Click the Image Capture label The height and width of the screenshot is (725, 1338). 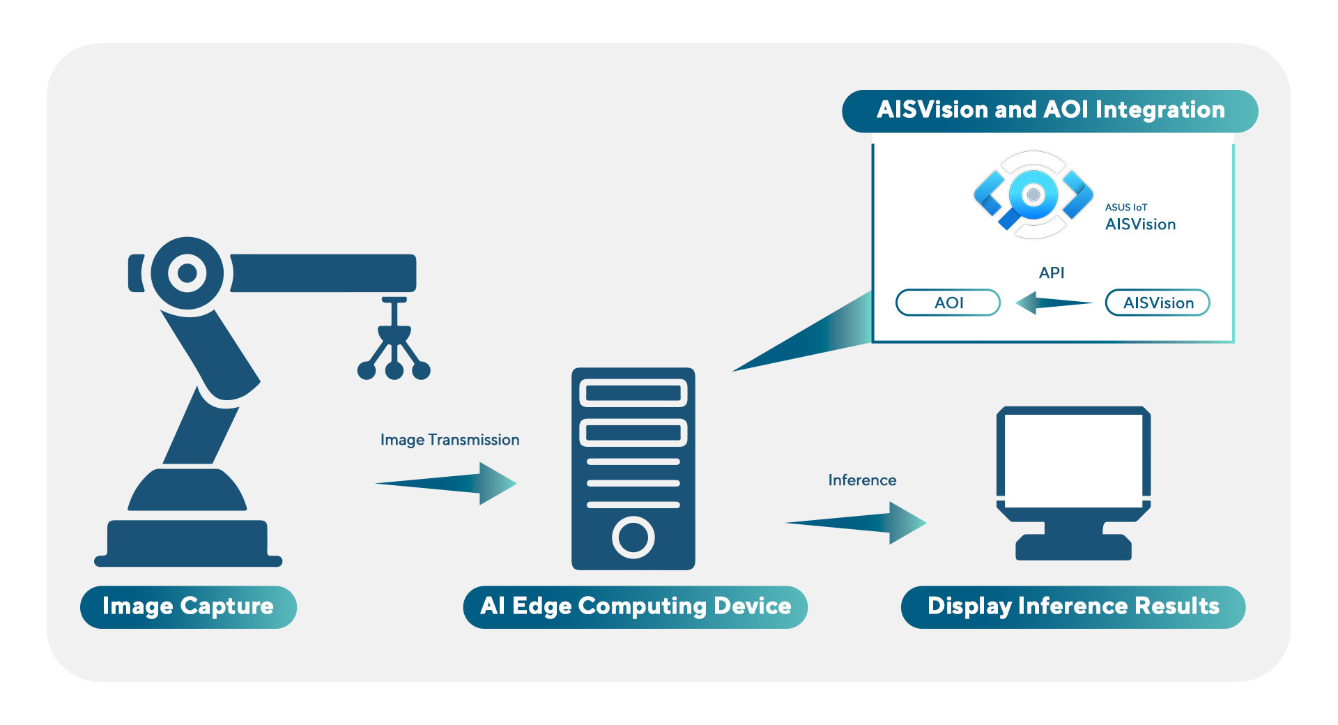point(188,606)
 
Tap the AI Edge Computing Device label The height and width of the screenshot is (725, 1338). point(635,606)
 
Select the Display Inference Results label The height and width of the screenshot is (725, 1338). point(1072,606)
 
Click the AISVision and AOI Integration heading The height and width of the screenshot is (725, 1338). point(1049,110)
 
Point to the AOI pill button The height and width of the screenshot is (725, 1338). point(948,303)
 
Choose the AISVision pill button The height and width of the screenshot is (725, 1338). point(1158,303)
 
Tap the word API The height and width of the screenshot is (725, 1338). point(1052,273)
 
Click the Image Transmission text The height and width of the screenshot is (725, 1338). point(449,440)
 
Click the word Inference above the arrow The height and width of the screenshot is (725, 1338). point(862,480)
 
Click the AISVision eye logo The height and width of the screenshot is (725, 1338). point(1033,195)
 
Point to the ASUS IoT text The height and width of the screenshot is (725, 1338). point(1125,207)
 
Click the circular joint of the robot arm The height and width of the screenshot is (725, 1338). point(187,273)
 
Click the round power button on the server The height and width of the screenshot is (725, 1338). point(633,537)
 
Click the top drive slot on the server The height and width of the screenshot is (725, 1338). point(633,393)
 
